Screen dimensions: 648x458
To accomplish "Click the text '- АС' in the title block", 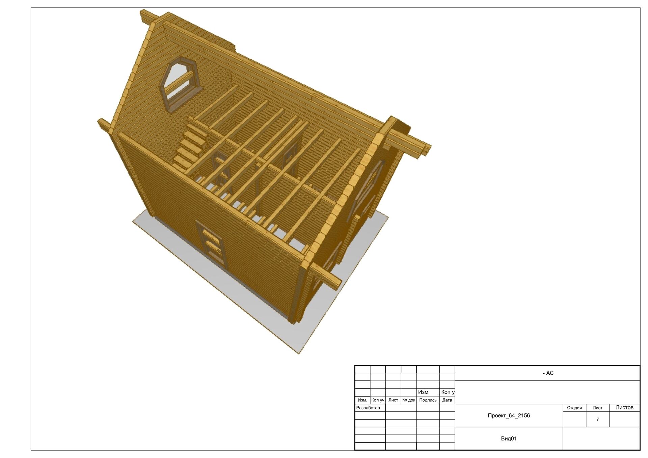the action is tap(548, 373).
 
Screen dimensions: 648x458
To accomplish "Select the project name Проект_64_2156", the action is tap(509, 416).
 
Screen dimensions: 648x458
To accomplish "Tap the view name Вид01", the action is tap(509, 438).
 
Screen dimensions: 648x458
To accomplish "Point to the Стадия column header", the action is tap(574, 408).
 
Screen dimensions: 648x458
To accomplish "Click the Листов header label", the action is tap(624, 407).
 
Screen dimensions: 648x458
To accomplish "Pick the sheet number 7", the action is tap(598, 419).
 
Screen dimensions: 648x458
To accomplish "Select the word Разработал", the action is tap(368, 408).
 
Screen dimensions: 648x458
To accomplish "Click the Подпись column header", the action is tap(428, 400).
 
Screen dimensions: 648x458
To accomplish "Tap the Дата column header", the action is tap(447, 400).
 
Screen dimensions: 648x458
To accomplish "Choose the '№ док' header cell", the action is tap(409, 400).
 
